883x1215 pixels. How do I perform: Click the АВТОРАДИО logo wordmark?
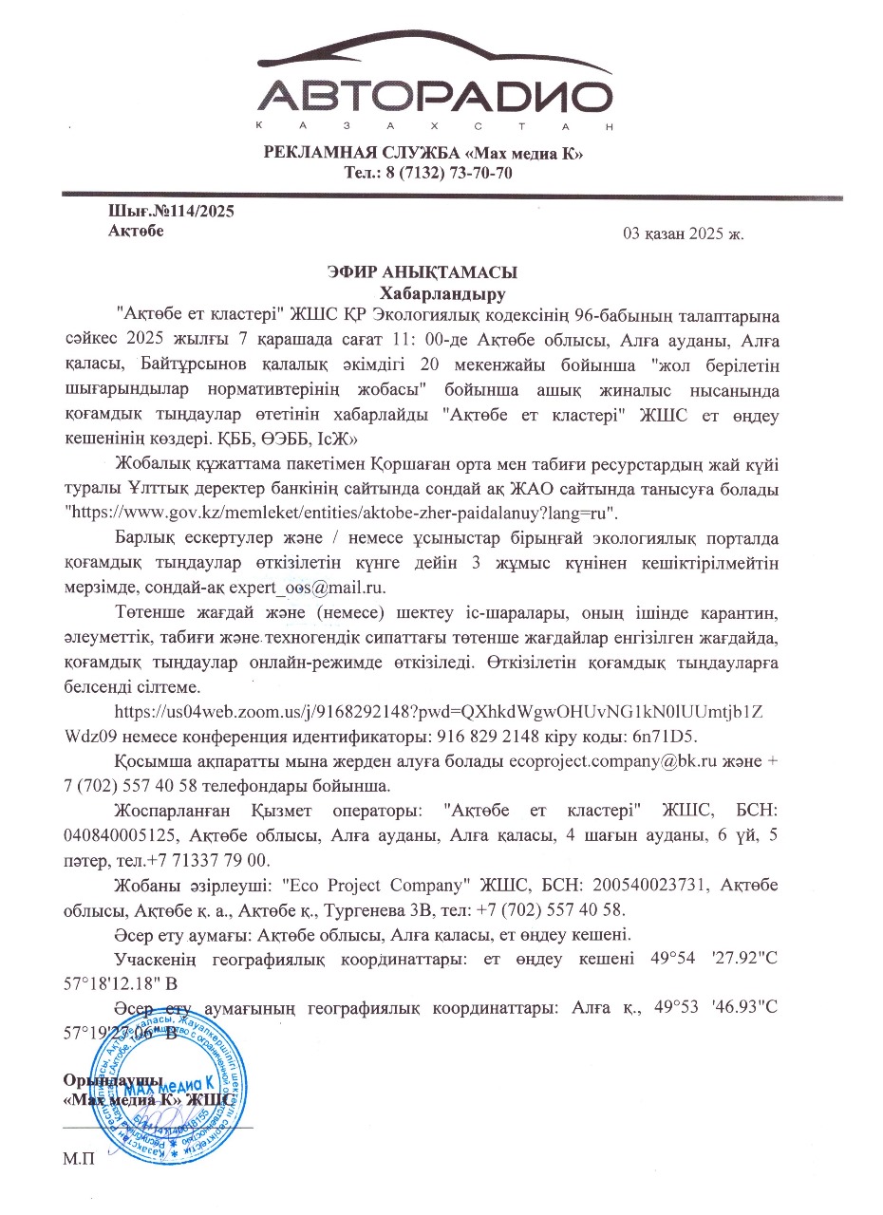[433, 98]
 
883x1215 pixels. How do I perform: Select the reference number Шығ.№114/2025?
[172, 212]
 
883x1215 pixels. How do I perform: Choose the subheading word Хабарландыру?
[442, 291]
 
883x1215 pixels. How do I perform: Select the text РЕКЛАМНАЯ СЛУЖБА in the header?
[348, 154]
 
